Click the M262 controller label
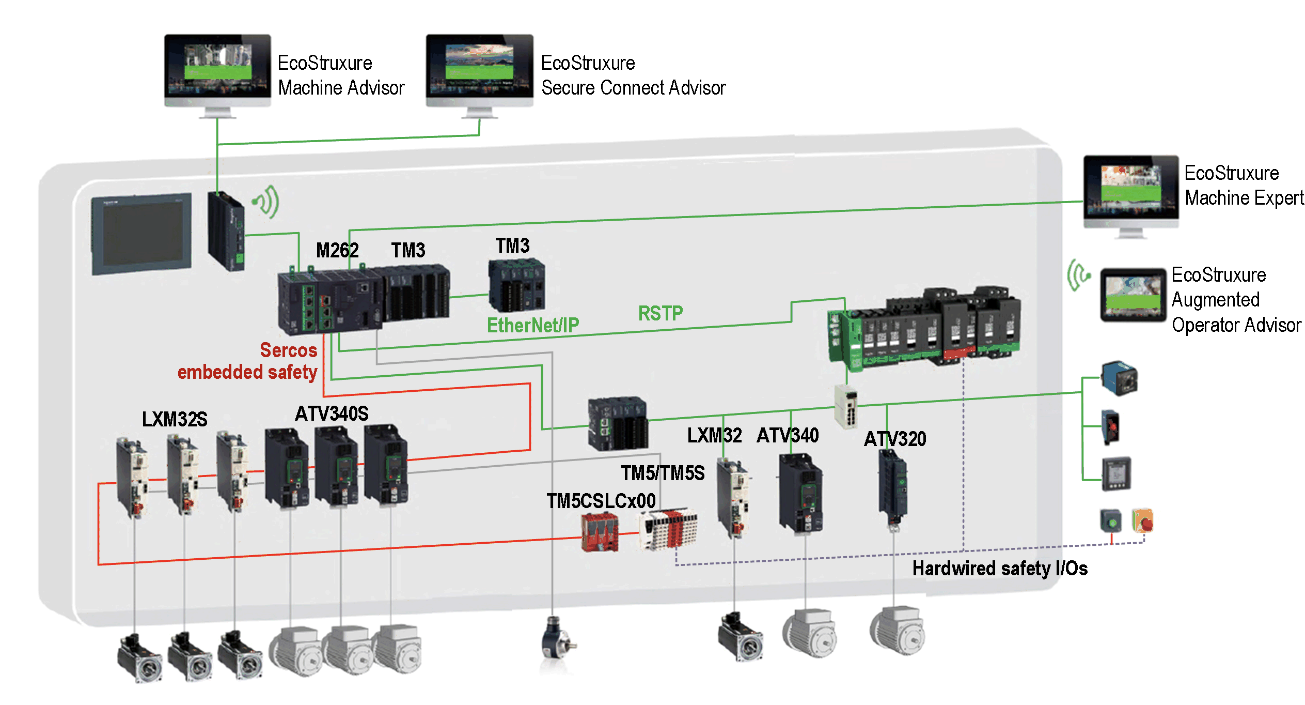pos(337,251)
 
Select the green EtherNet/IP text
pos(532,326)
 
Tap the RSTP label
pos(660,313)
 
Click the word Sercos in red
pos(288,350)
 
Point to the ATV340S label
pos(332,414)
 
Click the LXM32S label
pos(175,419)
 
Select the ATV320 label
pos(894,439)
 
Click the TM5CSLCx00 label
pos(601,501)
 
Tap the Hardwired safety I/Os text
pos(999,569)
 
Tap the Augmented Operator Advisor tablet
pos(1133,295)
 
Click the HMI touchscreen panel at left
pos(141,234)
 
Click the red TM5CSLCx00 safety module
pos(600,532)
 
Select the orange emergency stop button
pos(1142,521)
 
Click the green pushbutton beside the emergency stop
pos(1111,521)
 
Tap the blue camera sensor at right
pos(1120,378)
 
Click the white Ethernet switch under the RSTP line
pos(846,407)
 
